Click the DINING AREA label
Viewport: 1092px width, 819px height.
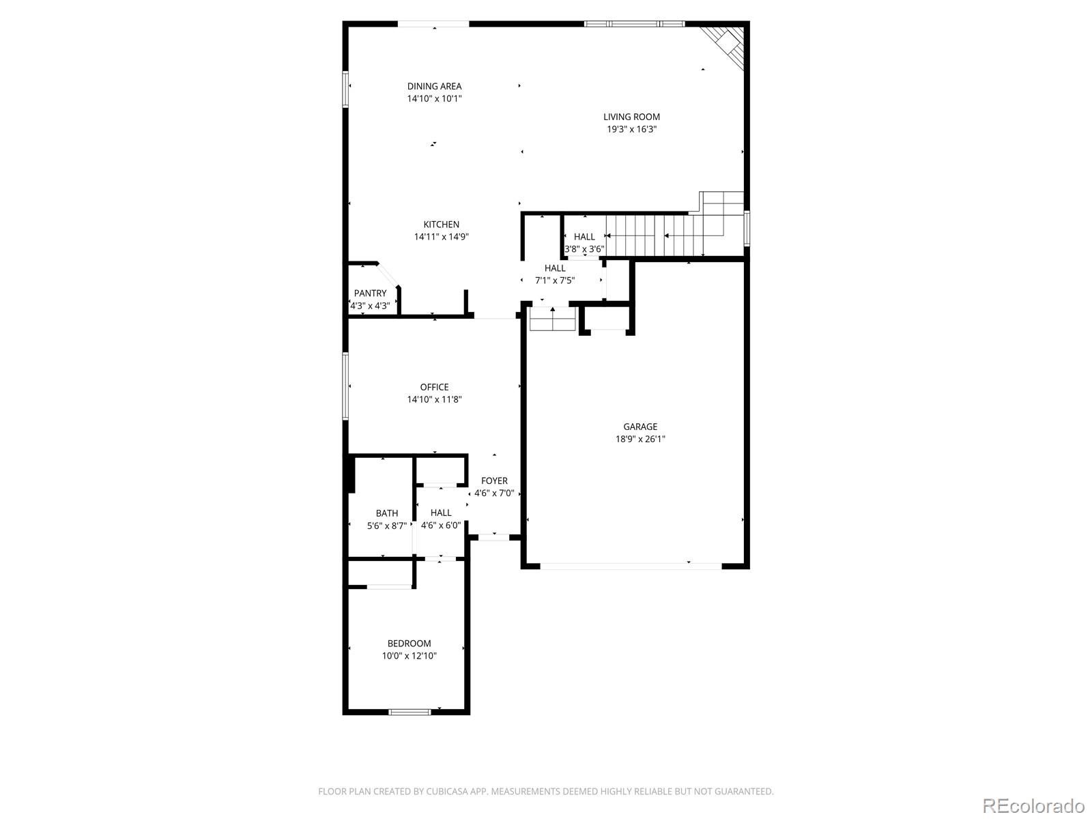point(434,86)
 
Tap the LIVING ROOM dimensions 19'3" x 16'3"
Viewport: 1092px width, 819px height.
point(631,129)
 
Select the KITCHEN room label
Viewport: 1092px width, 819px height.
point(442,225)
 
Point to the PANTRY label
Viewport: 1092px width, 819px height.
point(370,293)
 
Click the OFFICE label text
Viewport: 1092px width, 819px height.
point(434,387)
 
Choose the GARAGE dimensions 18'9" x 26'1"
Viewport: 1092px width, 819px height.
point(640,439)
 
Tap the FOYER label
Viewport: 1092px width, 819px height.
point(494,481)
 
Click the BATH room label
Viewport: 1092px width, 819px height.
point(386,513)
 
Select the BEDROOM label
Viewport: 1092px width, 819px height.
point(409,644)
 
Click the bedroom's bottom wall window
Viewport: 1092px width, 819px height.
point(409,712)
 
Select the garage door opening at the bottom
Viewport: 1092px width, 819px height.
point(631,566)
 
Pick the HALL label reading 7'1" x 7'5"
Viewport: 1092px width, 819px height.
point(555,274)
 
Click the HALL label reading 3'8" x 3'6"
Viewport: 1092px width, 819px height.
point(584,243)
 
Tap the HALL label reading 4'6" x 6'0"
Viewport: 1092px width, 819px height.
point(441,519)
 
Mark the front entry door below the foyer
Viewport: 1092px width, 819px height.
point(494,537)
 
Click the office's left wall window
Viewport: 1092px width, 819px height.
point(345,386)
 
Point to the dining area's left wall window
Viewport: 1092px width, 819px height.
point(345,89)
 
